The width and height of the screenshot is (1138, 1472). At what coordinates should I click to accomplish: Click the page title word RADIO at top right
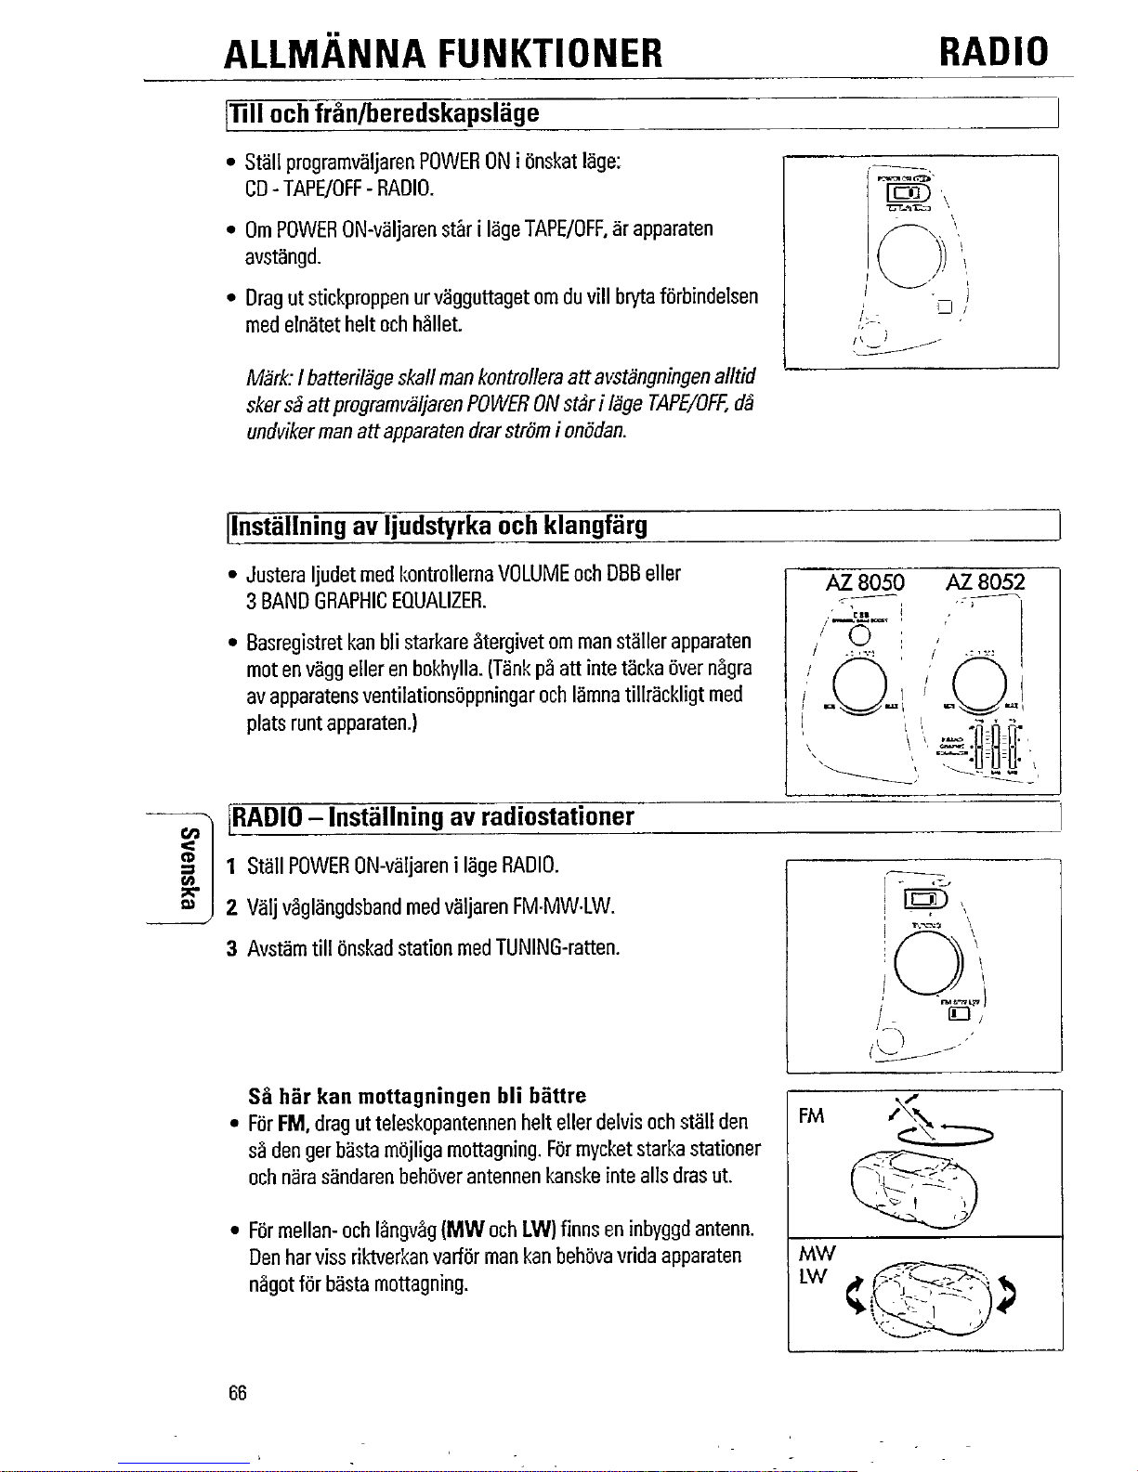[993, 52]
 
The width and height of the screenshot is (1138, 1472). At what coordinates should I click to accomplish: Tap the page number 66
[237, 1393]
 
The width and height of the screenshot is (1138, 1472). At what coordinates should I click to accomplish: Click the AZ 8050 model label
[864, 583]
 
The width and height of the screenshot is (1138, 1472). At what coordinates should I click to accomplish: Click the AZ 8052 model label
[986, 583]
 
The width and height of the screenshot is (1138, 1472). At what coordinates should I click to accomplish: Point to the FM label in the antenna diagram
[811, 1115]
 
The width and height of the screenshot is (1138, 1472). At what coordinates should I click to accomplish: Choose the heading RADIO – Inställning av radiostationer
[433, 817]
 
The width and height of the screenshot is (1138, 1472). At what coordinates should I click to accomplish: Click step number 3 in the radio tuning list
[232, 948]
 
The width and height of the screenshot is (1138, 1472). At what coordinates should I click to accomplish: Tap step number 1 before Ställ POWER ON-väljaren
[232, 866]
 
